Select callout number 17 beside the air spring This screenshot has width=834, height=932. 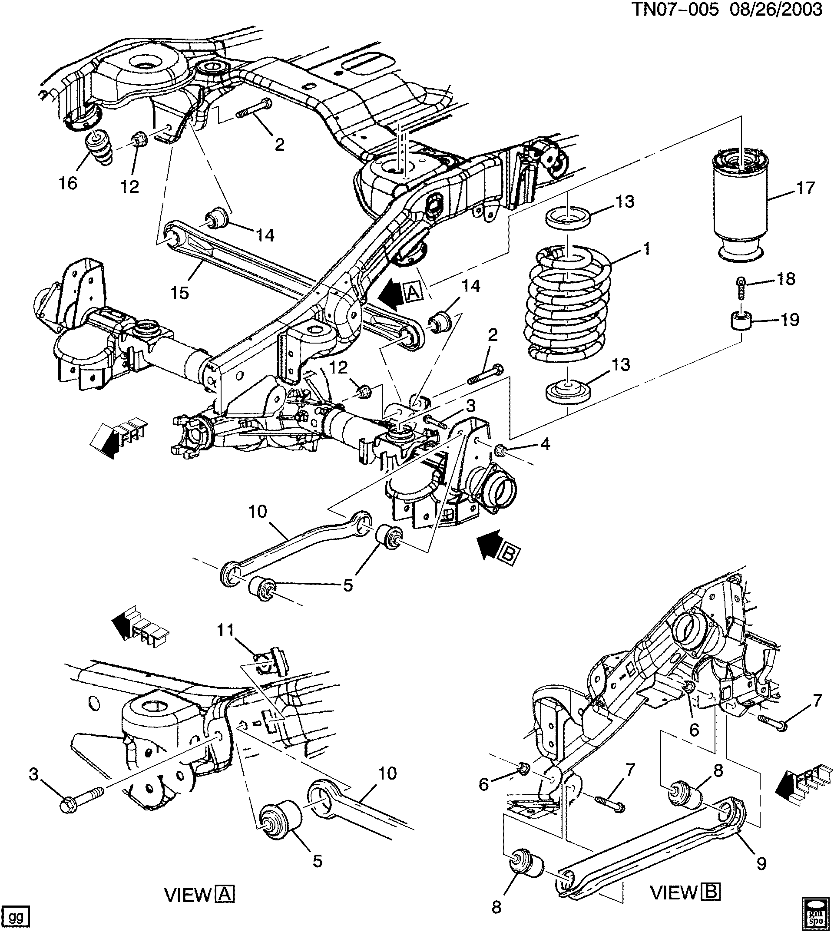tap(805, 188)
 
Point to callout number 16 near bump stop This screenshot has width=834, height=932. tap(68, 184)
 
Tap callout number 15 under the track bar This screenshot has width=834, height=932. tap(180, 293)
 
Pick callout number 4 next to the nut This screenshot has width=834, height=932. tap(545, 443)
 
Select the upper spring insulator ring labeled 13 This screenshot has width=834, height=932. tap(567, 217)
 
